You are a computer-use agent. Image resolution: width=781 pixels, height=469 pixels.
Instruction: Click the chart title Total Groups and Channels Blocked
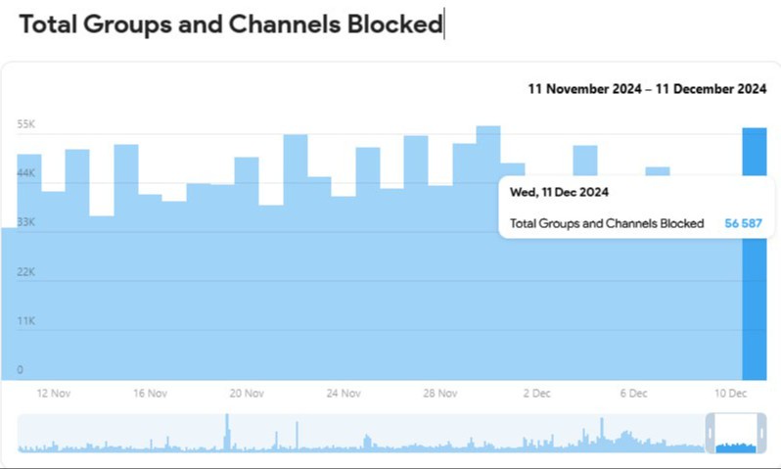coord(231,24)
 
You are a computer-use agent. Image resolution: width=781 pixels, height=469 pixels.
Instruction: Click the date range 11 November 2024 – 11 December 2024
coord(646,88)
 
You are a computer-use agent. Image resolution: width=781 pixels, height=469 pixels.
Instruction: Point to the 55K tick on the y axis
coord(25,124)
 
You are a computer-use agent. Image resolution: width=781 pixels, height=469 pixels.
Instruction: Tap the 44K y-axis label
coord(25,173)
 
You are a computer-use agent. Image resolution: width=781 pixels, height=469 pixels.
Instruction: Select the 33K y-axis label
coord(25,222)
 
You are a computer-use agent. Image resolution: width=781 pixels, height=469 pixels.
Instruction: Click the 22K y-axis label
coord(25,271)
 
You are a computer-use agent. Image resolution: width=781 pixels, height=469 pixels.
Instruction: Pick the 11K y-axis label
coord(25,321)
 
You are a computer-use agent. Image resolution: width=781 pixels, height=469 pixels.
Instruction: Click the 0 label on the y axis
coord(20,370)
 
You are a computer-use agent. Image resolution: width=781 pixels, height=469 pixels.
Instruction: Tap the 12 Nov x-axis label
coord(55,394)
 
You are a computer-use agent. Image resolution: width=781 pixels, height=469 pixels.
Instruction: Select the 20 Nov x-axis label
coord(248,394)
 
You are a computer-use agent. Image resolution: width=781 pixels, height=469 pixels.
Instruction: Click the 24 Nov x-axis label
coord(345,394)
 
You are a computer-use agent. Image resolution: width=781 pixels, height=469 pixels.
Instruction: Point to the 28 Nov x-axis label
coord(440,394)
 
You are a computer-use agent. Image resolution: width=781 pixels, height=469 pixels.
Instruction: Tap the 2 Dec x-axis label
coord(537,394)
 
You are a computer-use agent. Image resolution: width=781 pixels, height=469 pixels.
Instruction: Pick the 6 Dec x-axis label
coord(633,394)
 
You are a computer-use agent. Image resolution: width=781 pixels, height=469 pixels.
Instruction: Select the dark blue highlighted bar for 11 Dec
coord(754,294)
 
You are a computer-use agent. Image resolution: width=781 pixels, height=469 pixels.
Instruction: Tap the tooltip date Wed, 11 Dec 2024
coord(559,192)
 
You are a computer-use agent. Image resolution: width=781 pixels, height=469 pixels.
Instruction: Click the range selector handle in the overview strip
coord(736,433)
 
